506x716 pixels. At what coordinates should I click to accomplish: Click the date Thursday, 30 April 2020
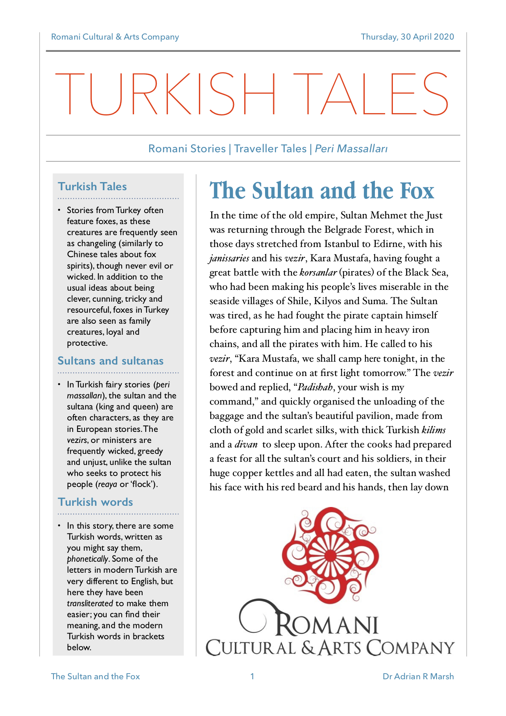pyautogui.click(x=407, y=37)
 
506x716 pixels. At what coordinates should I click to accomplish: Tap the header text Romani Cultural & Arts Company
pyautogui.click(x=115, y=37)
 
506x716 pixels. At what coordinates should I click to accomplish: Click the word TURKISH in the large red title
pyautogui.click(x=165, y=94)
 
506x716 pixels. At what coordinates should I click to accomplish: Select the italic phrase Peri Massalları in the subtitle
pyautogui.click(x=351, y=149)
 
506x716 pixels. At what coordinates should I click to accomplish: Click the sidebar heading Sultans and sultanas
pyautogui.click(x=110, y=361)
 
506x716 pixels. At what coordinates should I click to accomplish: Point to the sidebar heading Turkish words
pyautogui.click(x=95, y=502)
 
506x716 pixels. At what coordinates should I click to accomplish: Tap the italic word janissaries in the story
pyautogui.click(x=229, y=258)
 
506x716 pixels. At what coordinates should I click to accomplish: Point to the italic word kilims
pyautogui.click(x=433, y=430)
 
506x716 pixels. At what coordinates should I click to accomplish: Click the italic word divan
pyautogui.click(x=246, y=445)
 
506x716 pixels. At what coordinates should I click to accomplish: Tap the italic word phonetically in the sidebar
pyautogui.click(x=87, y=559)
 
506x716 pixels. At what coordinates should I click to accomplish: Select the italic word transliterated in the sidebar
pyautogui.click(x=90, y=603)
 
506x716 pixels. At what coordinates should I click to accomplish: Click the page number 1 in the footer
pyautogui.click(x=252, y=676)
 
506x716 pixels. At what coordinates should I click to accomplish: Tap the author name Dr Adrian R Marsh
pyautogui.click(x=418, y=676)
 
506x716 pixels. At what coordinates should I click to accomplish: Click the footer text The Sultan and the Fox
pyautogui.click(x=95, y=676)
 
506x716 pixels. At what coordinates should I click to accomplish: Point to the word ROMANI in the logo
pyautogui.click(x=327, y=625)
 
